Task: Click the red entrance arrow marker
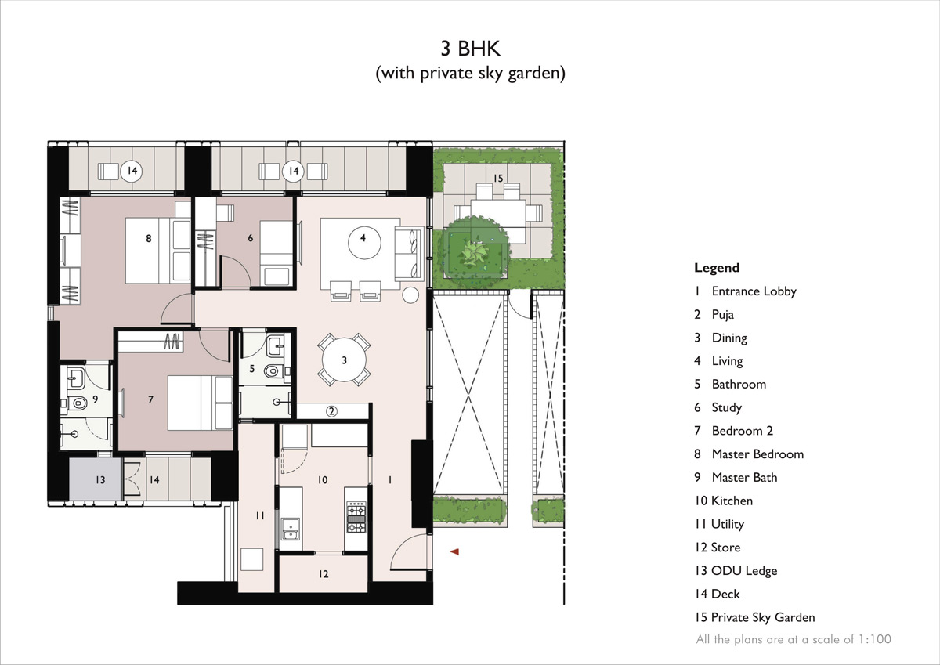(x=454, y=552)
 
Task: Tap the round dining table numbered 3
(x=344, y=360)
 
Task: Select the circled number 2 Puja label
(x=331, y=411)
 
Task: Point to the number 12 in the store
(x=324, y=574)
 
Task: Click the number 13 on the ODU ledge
(x=100, y=479)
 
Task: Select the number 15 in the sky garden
(x=498, y=179)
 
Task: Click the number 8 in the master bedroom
(x=148, y=239)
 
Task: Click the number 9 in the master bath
(x=94, y=399)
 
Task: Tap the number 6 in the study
(x=250, y=238)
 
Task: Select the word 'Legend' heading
(x=716, y=268)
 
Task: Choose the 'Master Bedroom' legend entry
(x=757, y=454)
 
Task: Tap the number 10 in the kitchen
(x=322, y=480)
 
